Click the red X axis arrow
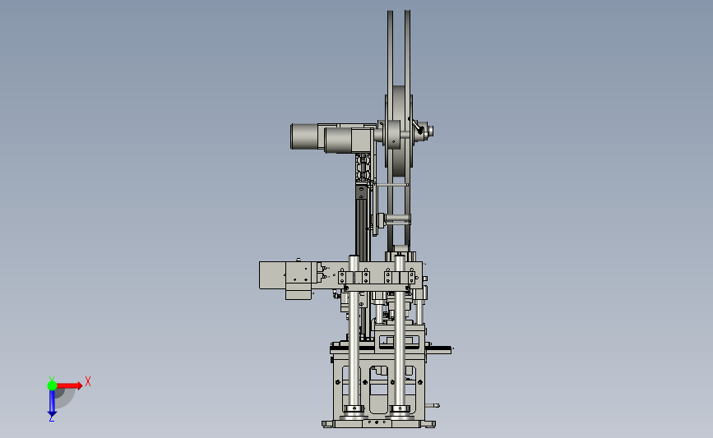click(x=68, y=385)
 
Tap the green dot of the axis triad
click(x=52, y=385)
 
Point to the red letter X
click(x=88, y=381)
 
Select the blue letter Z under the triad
click(x=52, y=419)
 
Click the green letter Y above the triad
click(x=52, y=379)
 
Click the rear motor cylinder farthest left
click(x=304, y=136)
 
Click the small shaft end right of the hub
click(x=430, y=131)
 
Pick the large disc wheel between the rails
click(x=399, y=131)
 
